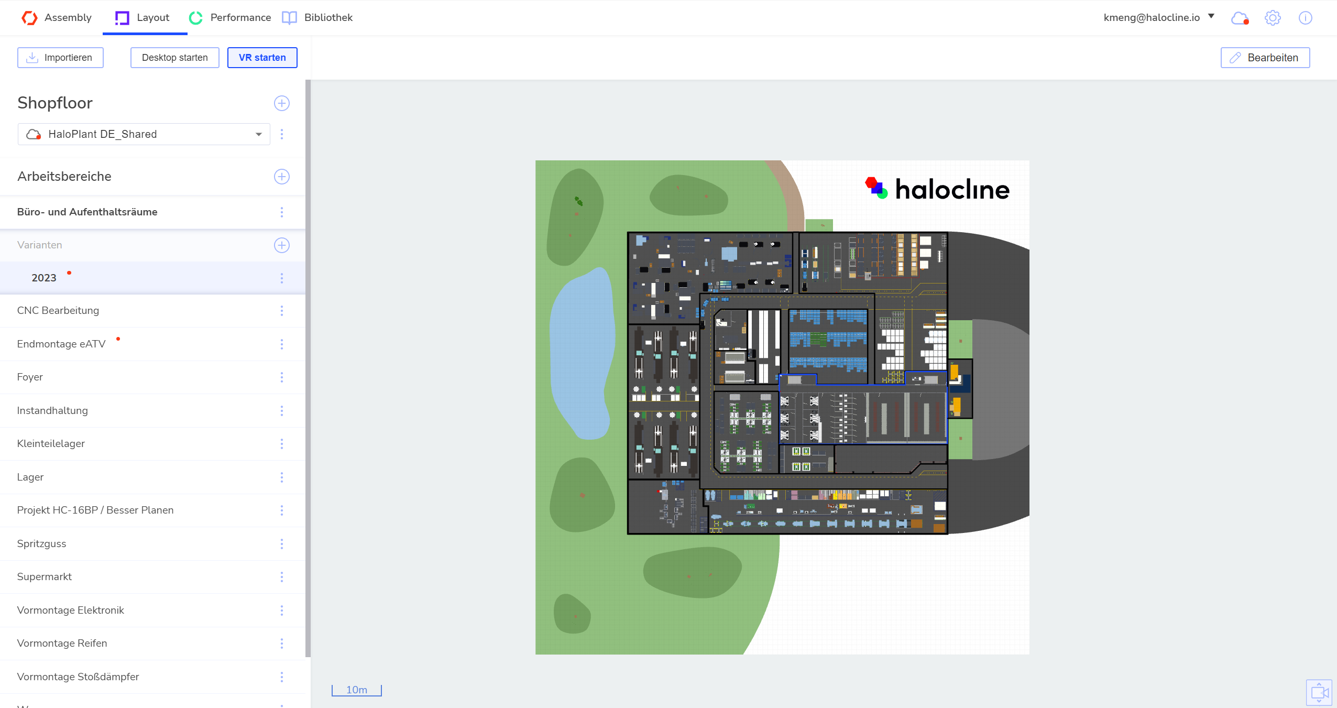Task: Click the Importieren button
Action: [60, 58]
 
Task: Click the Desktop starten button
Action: [175, 58]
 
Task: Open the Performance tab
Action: [230, 18]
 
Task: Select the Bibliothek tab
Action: [317, 18]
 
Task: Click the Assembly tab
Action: [57, 18]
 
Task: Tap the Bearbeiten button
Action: [1265, 58]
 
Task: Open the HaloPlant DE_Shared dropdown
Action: [144, 134]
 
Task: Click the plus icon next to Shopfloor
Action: [282, 103]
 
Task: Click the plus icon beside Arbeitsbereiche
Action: [282, 177]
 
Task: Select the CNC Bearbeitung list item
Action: [58, 311]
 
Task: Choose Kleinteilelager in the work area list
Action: [51, 444]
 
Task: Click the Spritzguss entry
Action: [42, 544]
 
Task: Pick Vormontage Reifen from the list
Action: [62, 644]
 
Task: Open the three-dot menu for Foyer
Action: [282, 377]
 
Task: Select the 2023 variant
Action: [44, 278]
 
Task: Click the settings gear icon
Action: [1273, 18]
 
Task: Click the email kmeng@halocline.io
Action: [1152, 17]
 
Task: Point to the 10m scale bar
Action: [357, 690]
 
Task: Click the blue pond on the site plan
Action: [582, 353]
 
